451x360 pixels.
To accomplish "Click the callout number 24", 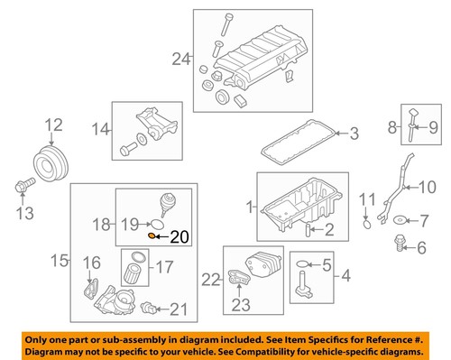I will pos(180,60).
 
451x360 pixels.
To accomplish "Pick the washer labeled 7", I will pos(399,219).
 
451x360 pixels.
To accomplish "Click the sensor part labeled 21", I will pos(148,309).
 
